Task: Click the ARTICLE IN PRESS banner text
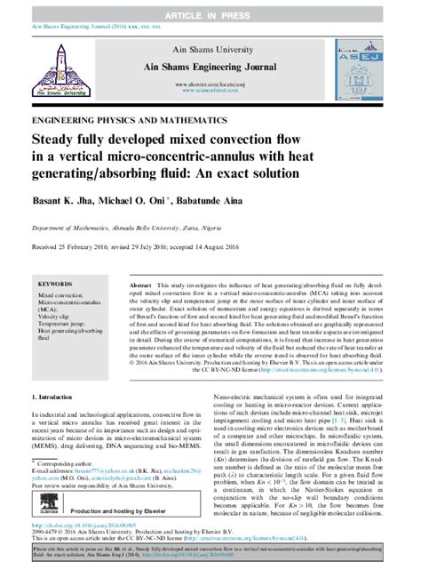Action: click(211, 8)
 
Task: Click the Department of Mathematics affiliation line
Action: click(120, 226)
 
